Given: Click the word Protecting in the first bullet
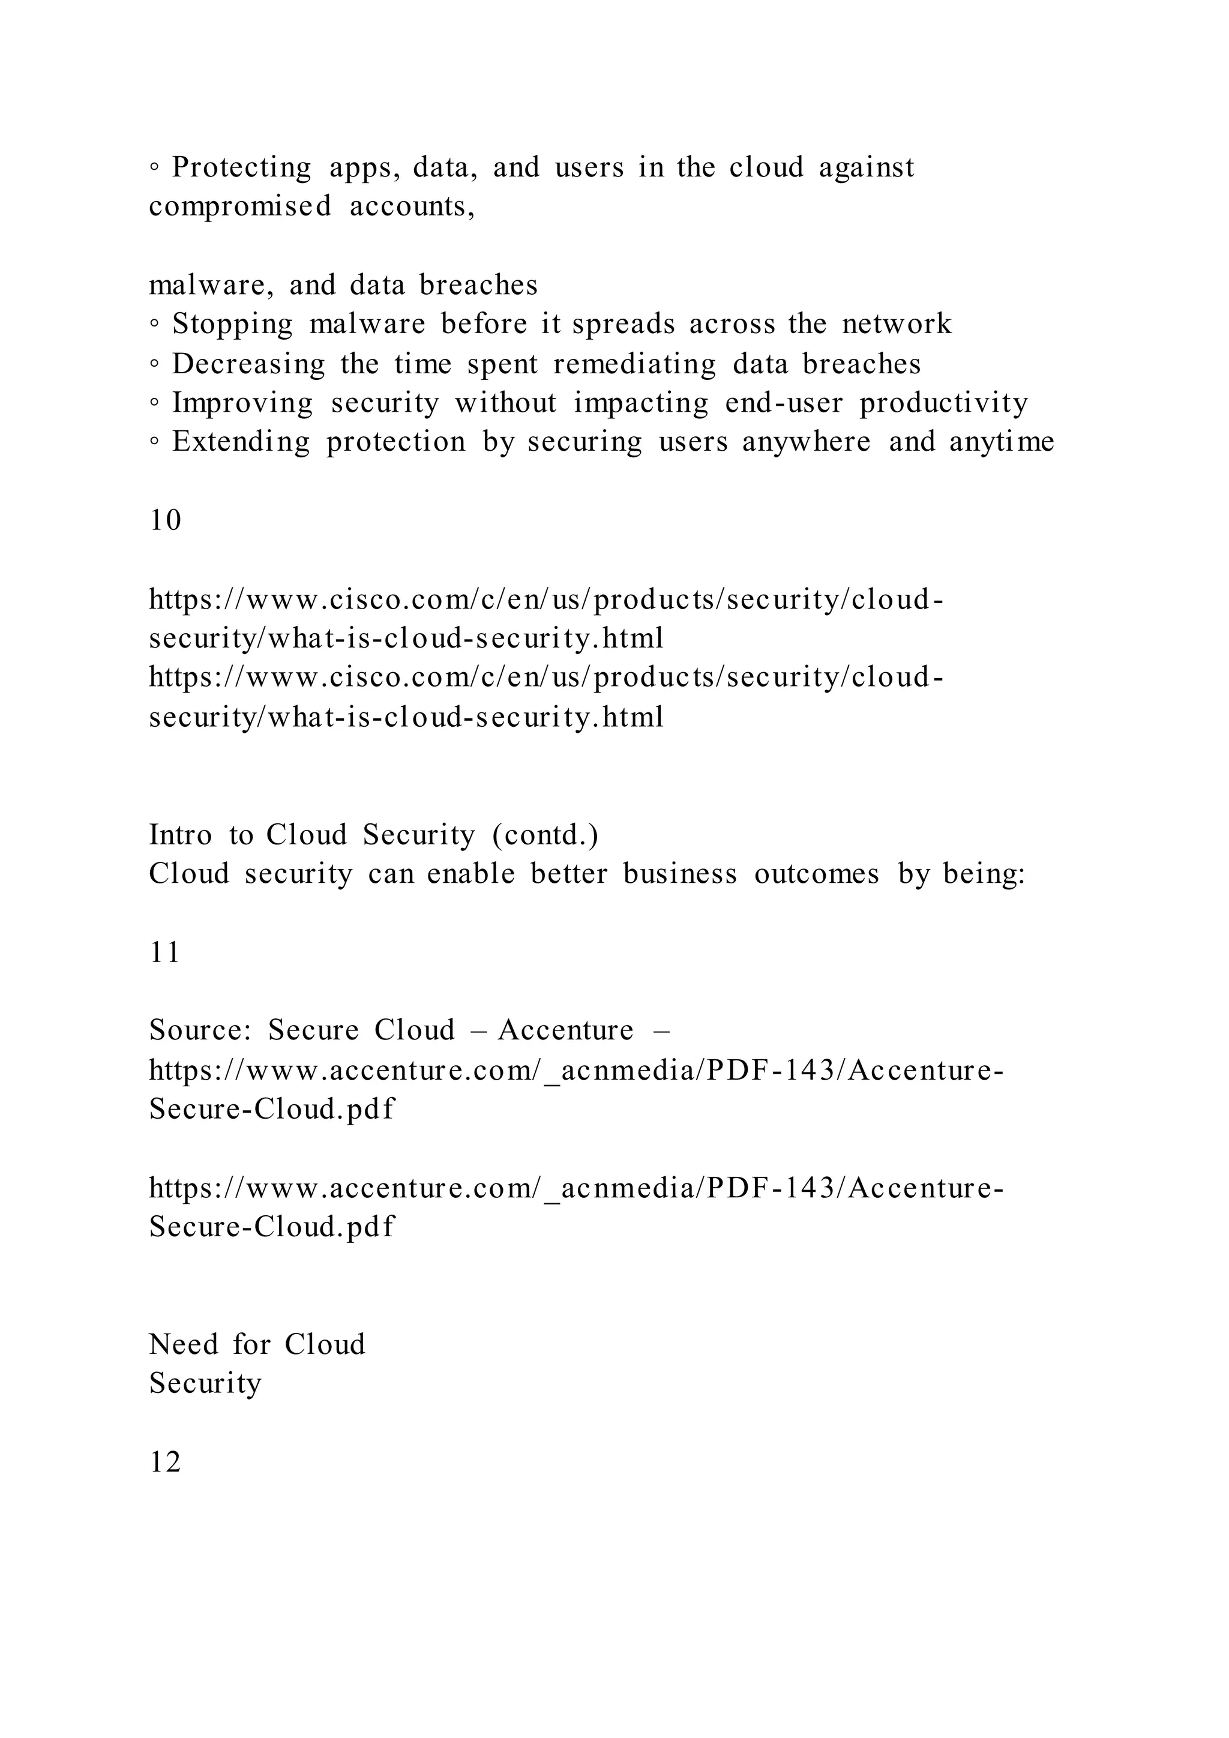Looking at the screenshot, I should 241,168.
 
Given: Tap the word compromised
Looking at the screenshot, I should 240,206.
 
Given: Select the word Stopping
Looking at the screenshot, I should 232,325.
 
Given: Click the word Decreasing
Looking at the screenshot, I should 248,364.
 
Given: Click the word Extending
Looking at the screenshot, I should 241,442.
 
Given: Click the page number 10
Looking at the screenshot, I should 165,521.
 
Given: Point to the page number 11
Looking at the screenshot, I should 165,952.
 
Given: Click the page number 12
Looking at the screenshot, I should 165,1463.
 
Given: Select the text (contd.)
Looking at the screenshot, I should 545,835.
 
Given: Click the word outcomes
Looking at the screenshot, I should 817,874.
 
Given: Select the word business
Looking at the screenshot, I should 679,874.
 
